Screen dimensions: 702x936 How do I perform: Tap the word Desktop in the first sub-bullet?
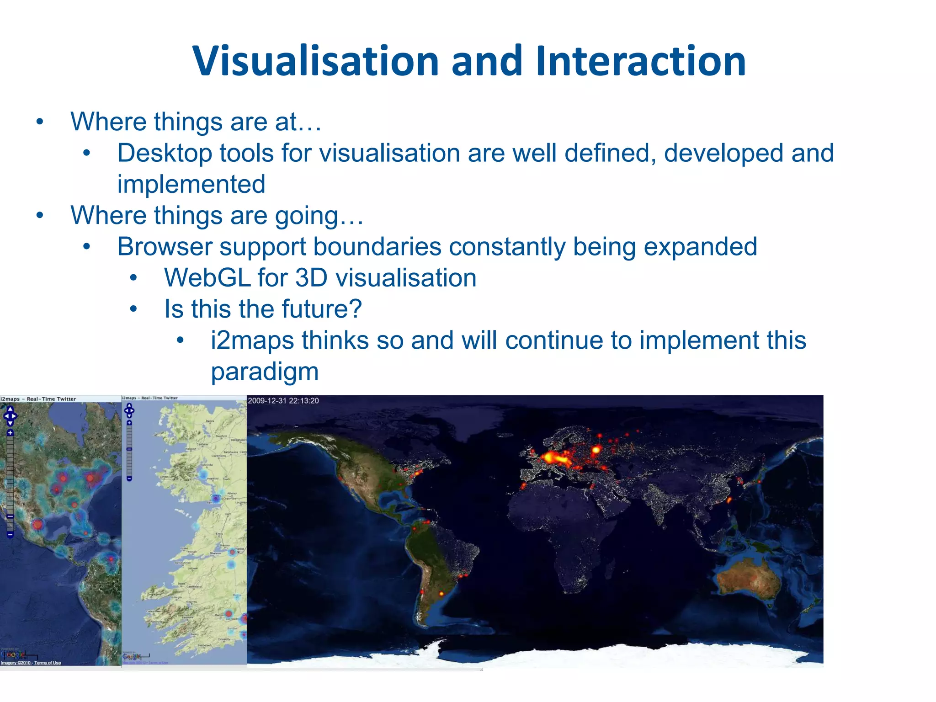[165, 153]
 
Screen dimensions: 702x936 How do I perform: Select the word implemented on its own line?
[191, 184]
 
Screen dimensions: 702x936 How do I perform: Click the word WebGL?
[207, 278]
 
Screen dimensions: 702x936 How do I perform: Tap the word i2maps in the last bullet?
[252, 340]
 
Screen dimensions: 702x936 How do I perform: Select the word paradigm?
[265, 372]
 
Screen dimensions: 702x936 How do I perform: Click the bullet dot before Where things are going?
[40, 215]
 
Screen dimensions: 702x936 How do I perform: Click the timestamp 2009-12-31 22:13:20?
[283, 401]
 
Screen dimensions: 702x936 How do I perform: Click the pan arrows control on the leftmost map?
[10, 416]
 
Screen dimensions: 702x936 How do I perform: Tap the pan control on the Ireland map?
[129, 410]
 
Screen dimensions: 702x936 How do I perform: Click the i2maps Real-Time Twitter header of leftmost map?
[38, 399]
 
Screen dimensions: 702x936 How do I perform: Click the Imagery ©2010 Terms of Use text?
[31, 663]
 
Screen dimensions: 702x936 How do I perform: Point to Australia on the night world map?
[748, 580]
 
